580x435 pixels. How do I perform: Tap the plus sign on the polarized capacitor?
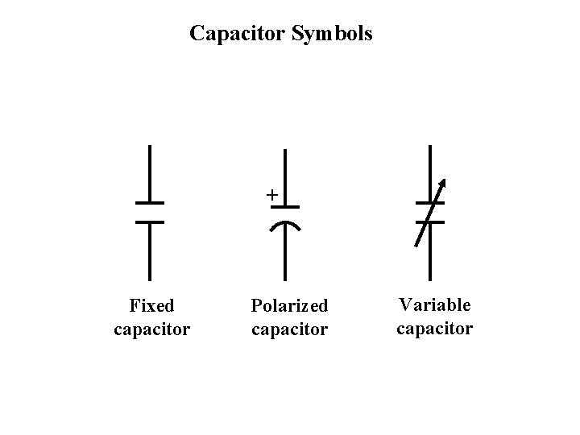point(272,195)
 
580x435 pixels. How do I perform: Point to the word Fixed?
point(151,306)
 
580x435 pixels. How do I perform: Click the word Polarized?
point(289,306)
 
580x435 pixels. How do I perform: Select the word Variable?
point(434,305)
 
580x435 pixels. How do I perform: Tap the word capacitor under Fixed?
point(152,329)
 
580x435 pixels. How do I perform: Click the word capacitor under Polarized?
point(289,329)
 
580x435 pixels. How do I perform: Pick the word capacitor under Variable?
point(434,328)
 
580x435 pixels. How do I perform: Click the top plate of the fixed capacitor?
point(150,202)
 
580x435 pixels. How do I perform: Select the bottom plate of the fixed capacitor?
point(150,222)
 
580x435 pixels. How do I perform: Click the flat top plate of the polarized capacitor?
point(285,207)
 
